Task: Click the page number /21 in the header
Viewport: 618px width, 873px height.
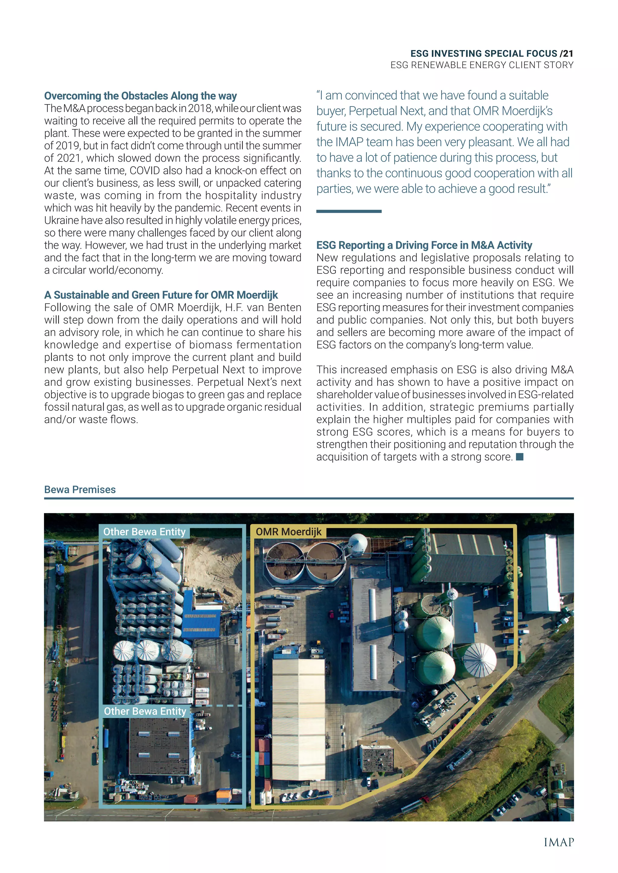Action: tap(566, 54)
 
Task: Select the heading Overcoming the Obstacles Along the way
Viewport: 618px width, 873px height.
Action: tap(140, 96)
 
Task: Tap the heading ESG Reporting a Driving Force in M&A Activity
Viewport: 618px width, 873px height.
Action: tap(424, 245)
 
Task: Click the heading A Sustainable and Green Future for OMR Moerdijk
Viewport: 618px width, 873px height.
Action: tap(161, 295)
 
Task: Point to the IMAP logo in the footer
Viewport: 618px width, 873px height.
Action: tap(558, 842)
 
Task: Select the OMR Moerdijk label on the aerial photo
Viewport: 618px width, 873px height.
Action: tap(288, 531)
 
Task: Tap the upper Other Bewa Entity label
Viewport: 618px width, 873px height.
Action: tap(144, 531)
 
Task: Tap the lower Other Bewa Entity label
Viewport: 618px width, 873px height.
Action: tap(145, 711)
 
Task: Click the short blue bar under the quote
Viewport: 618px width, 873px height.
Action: tap(349, 211)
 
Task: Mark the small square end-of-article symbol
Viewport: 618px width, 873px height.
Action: tap(520, 457)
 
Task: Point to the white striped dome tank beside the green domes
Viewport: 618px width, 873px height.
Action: tap(480, 659)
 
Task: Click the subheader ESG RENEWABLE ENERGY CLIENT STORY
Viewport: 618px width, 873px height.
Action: tap(482, 65)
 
